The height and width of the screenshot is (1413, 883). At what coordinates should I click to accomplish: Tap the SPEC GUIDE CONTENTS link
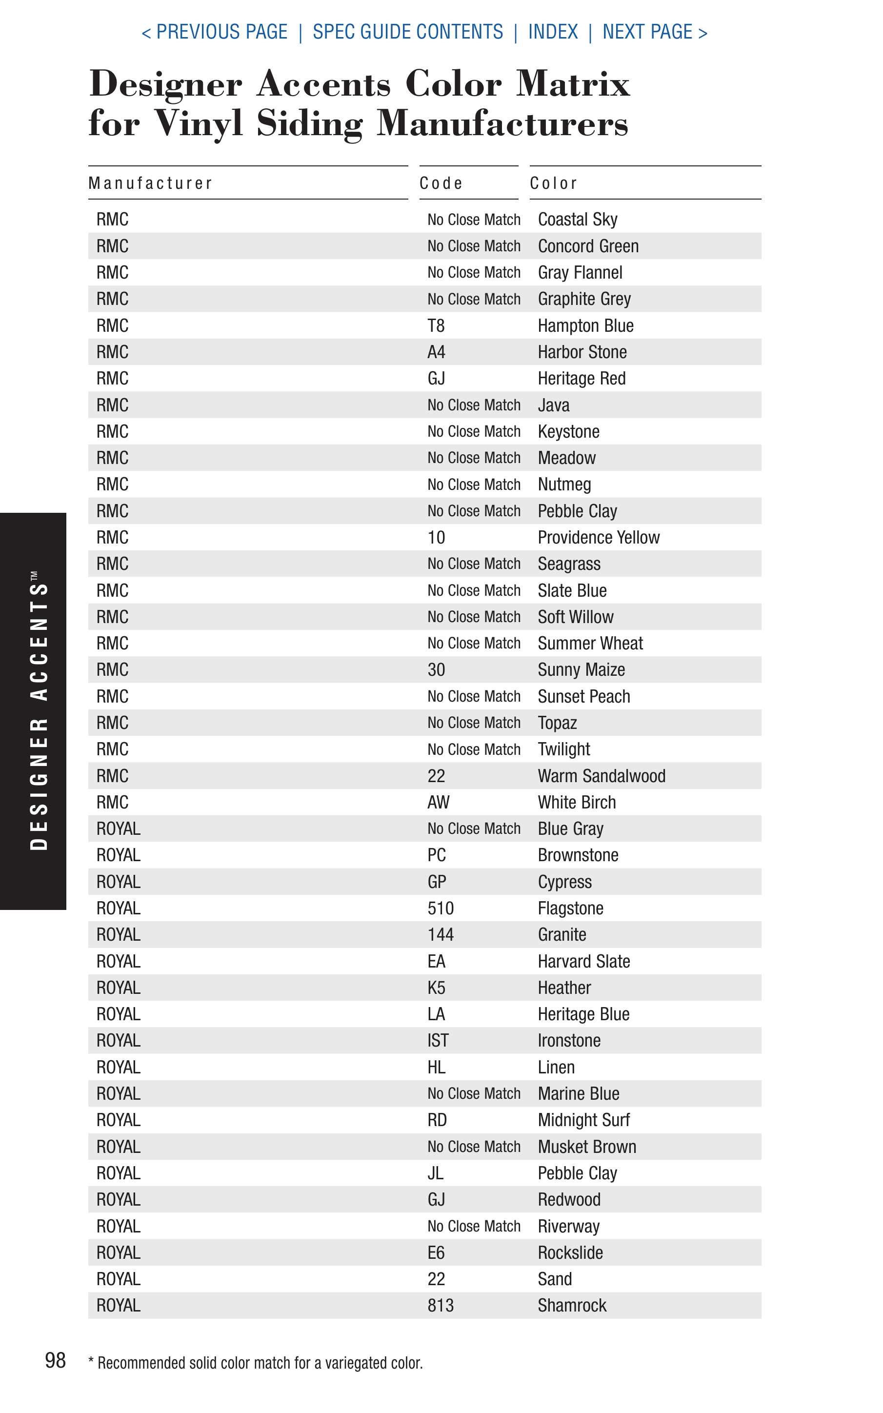(x=408, y=32)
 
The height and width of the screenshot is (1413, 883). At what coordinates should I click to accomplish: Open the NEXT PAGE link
(x=655, y=32)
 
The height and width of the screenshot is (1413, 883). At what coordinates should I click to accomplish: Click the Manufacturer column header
(x=150, y=183)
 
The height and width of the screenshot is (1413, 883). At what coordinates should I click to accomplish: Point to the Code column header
(x=441, y=183)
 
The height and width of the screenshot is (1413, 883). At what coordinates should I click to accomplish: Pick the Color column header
(x=554, y=183)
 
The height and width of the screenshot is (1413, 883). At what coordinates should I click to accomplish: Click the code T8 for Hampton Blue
(x=436, y=326)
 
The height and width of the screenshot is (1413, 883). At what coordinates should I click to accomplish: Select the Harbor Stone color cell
(x=582, y=352)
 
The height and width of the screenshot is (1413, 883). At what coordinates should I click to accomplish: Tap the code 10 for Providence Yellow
(x=436, y=538)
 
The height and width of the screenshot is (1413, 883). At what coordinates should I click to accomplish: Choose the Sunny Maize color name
(x=581, y=670)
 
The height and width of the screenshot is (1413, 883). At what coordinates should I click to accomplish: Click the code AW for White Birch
(x=438, y=802)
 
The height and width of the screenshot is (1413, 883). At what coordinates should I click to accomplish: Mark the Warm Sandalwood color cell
(x=602, y=776)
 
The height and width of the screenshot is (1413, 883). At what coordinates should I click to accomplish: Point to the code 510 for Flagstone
(x=441, y=908)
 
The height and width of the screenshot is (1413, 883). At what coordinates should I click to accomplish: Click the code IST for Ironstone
(x=438, y=1041)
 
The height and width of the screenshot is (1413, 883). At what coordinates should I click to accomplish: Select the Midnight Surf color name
(x=583, y=1120)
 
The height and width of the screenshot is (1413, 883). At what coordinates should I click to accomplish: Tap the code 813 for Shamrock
(x=441, y=1306)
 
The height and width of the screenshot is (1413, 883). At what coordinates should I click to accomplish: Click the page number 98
(x=56, y=1360)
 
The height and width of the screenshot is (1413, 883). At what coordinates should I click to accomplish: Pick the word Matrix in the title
(x=573, y=83)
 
